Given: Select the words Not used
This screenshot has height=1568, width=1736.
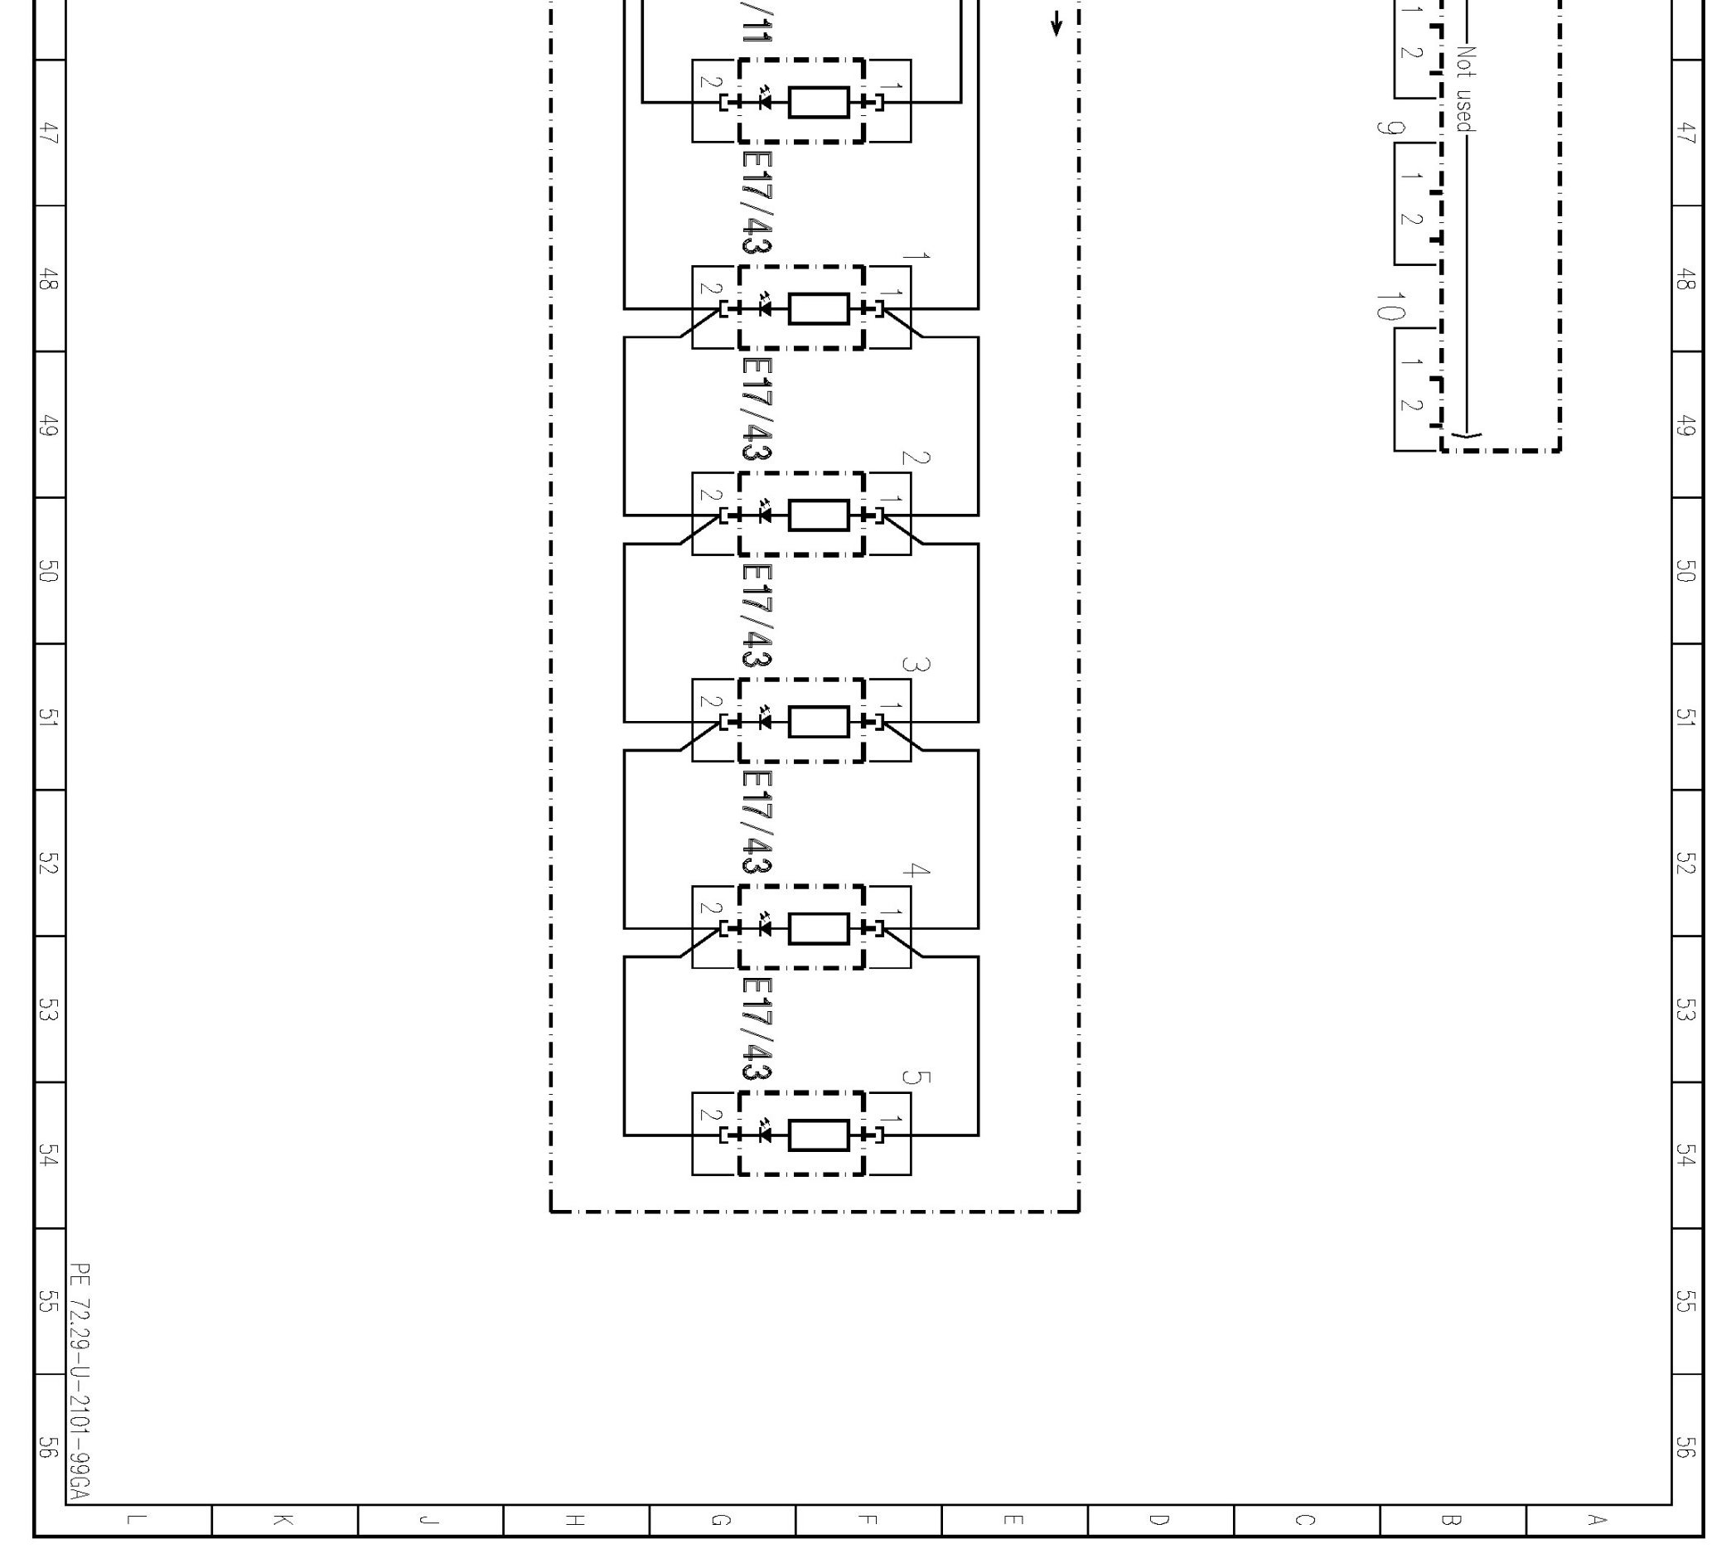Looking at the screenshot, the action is coord(1465,90).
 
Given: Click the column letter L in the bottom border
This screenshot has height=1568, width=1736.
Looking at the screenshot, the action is coord(136,1520).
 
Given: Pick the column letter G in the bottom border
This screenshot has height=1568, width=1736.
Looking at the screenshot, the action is coord(721,1520).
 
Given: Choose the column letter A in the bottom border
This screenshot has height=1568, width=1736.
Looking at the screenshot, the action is coord(1598,1520).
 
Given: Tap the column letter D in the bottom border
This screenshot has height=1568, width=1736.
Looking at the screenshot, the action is coord(1159,1520).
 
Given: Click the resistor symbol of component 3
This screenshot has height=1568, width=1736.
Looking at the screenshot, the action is coord(818,722).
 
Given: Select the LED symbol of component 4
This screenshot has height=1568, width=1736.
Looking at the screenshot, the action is coord(763,928).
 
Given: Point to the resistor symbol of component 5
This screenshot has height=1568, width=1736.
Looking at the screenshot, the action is coord(818,1135).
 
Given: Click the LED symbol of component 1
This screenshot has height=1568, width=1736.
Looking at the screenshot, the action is coord(763,308).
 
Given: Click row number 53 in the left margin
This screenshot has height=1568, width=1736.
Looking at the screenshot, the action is coord(48,1009).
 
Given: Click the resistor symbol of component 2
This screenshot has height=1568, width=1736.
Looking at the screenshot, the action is coord(818,515).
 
